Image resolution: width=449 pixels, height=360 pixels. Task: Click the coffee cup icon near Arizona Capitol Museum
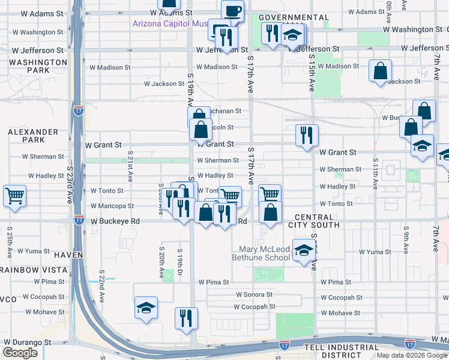(x=232, y=10)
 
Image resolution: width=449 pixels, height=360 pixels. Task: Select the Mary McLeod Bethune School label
(x=265, y=253)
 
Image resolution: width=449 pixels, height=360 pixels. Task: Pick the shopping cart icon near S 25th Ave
(x=14, y=195)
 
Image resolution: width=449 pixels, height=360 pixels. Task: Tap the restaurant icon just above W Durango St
(x=185, y=317)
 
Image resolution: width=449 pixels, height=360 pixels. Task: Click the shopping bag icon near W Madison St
(x=381, y=71)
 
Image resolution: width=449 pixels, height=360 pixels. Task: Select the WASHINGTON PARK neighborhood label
(x=38, y=66)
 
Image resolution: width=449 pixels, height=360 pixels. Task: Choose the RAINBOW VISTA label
(x=24, y=270)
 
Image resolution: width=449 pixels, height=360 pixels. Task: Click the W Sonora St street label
(x=254, y=295)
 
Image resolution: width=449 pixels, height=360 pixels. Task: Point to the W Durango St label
(x=27, y=342)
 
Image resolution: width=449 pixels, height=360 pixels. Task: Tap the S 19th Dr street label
(x=179, y=263)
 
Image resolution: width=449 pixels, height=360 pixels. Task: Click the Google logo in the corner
(x=20, y=353)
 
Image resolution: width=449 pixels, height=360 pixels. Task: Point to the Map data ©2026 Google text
(x=411, y=355)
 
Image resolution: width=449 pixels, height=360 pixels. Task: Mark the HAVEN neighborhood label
(x=67, y=255)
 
